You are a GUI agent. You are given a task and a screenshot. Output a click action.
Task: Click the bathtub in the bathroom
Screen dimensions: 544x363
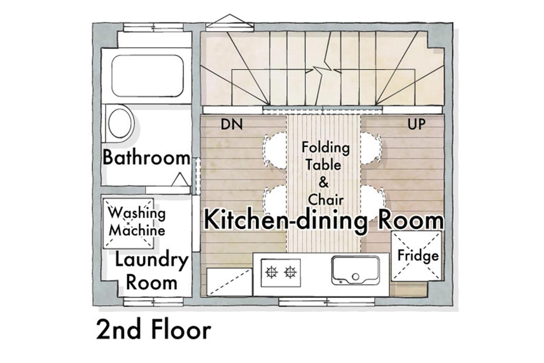[147, 76]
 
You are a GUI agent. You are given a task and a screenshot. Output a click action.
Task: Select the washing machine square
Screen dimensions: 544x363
[128, 223]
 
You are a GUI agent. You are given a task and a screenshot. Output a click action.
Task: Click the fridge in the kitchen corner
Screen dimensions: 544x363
[416, 256]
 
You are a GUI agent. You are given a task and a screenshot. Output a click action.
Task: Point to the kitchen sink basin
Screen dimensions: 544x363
[355, 270]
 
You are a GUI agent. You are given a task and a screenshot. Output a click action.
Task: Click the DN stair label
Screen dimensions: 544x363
[232, 124]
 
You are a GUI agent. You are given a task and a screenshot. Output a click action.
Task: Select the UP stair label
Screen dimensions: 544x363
[416, 124]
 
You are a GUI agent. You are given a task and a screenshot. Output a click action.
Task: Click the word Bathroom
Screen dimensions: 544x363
[147, 158]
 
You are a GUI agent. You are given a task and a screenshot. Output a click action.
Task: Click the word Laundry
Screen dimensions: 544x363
[152, 261]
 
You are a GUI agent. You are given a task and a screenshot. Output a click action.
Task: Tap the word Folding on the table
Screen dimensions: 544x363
[325, 148]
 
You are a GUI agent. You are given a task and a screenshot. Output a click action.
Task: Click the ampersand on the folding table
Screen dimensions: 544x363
[323, 182]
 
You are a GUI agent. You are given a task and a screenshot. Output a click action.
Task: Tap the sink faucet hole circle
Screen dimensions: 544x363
[356, 276]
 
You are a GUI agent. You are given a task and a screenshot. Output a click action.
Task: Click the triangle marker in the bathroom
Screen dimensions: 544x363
[180, 179]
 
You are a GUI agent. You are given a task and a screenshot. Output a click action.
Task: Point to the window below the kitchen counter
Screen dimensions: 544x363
[327, 302]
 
